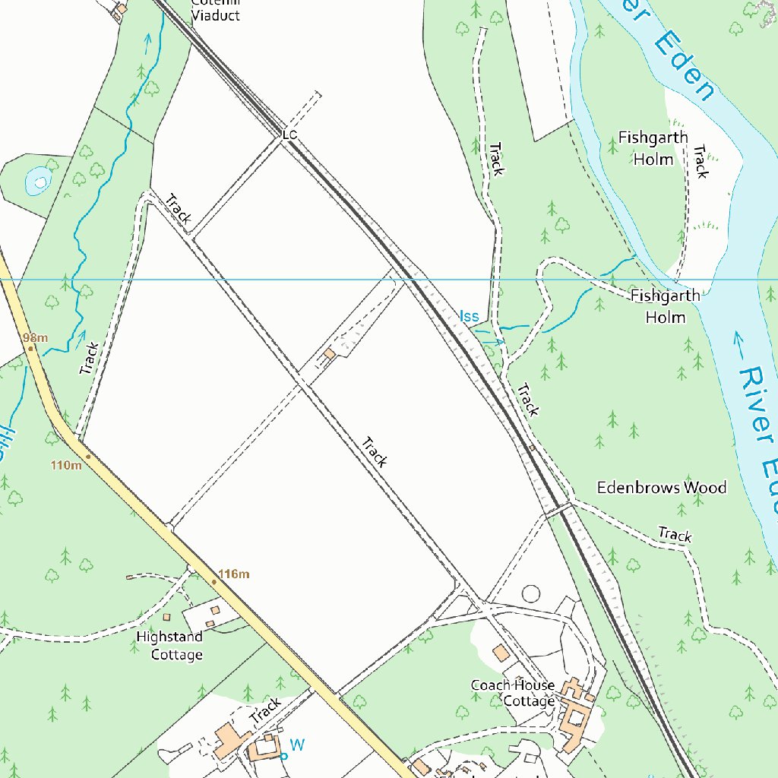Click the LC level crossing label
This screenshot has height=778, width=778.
289,135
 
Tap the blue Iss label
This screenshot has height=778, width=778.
469,315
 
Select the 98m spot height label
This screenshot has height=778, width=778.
35,337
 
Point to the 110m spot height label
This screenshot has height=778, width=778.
67,465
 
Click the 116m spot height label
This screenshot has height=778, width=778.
233,574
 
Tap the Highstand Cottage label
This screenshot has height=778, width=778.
170,646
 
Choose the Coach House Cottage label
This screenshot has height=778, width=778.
513,693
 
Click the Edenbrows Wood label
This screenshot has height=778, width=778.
661,488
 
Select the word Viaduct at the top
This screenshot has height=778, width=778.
215,15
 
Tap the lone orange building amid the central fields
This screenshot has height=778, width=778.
329,354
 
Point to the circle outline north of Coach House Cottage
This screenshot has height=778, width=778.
530,593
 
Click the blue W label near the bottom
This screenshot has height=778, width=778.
297,745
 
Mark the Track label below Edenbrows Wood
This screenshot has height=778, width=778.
675,535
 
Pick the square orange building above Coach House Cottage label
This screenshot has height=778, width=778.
501,653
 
